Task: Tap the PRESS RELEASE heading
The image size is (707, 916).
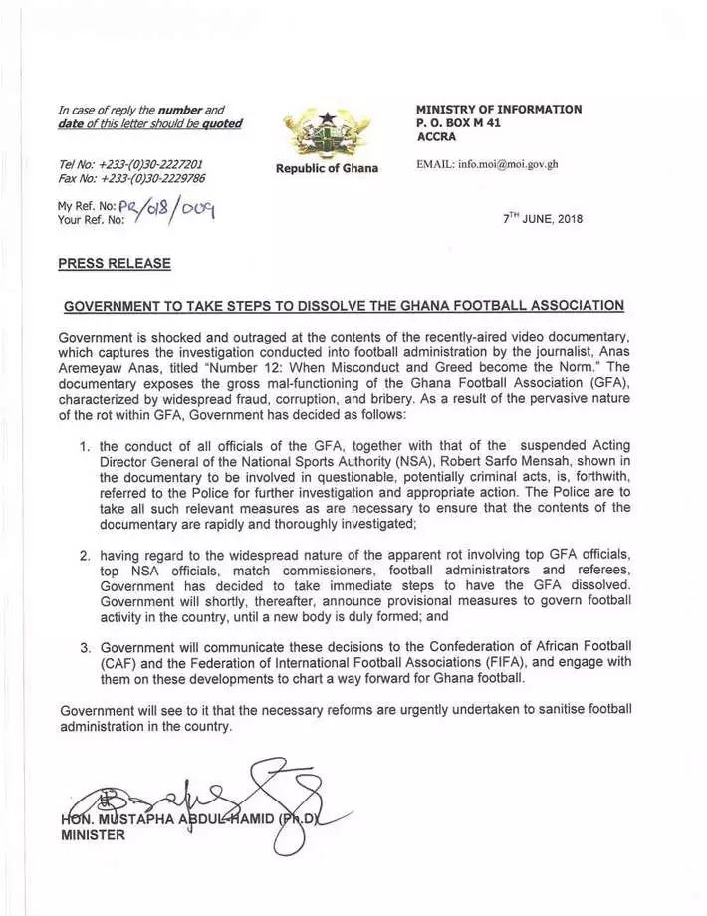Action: pyautogui.click(x=115, y=264)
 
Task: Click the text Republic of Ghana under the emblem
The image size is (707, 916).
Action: pyautogui.click(x=327, y=168)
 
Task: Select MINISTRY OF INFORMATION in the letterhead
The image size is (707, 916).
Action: pyautogui.click(x=499, y=110)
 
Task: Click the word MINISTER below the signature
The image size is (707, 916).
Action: pyautogui.click(x=94, y=835)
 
